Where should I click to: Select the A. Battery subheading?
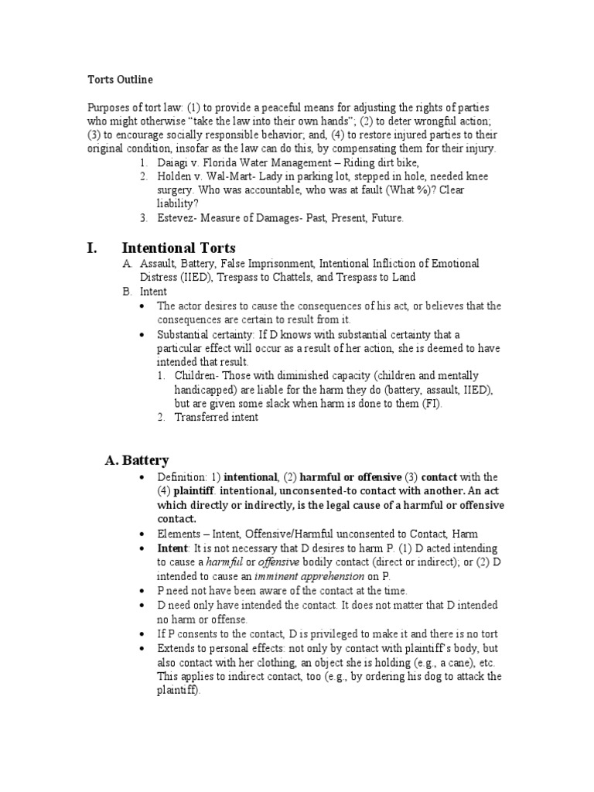136,460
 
